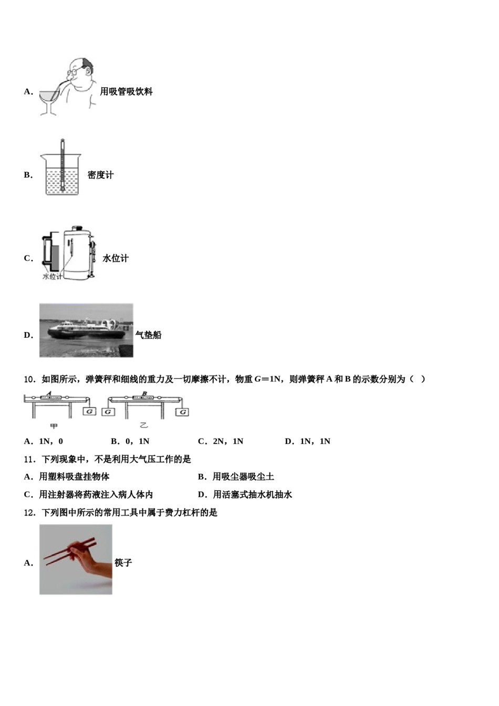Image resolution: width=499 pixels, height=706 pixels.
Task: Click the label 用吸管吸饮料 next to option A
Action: click(126, 91)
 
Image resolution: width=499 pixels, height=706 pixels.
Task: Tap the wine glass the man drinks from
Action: click(49, 99)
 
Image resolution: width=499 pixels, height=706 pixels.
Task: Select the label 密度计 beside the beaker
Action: click(100, 175)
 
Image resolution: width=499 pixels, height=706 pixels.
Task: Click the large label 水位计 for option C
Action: click(116, 258)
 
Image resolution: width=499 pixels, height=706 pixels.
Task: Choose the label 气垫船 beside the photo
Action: click(149, 335)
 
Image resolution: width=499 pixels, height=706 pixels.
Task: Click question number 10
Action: click(29, 379)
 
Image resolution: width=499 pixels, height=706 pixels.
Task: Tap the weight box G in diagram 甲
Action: click(89, 411)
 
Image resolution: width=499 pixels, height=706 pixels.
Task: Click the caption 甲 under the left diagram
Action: click(54, 426)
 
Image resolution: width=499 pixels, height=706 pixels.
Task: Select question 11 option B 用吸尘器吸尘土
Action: click(236, 476)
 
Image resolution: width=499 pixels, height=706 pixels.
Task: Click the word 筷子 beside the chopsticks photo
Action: click(123, 563)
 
